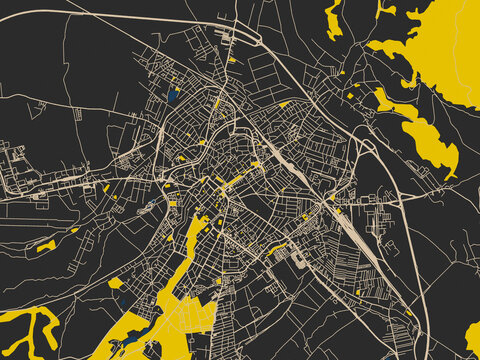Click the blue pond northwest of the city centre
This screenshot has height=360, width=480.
[173, 96]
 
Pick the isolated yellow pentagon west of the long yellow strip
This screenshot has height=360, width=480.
[115, 283]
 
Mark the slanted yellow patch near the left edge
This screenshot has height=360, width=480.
[46, 245]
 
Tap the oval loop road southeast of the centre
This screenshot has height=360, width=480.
[298, 258]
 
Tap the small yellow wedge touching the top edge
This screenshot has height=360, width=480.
[385, 9]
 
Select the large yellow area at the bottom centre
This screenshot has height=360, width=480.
[180, 310]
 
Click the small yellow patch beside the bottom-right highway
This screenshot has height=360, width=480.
[408, 312]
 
